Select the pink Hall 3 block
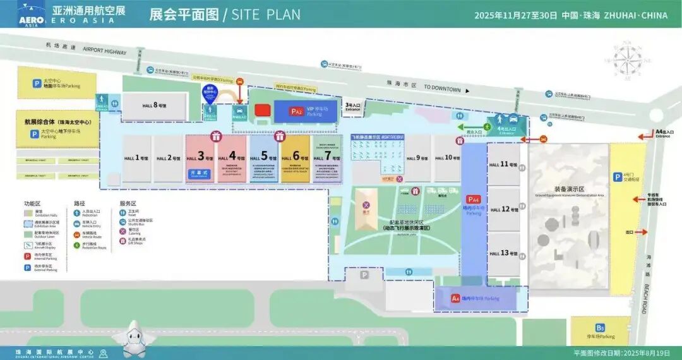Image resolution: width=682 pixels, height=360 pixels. (200, 158)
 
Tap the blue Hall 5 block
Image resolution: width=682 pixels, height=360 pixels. (265, 158)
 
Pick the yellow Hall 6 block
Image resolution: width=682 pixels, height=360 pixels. (296, 158)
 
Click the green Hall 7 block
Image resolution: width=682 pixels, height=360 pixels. (327, 158)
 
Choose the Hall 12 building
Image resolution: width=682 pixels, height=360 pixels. (503, 209)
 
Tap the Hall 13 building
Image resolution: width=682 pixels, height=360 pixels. (503, 253)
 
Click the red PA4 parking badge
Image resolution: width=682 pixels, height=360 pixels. (474, 200)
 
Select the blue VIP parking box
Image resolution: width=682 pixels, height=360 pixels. (306, 111)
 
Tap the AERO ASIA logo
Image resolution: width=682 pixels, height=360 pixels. (31, 14)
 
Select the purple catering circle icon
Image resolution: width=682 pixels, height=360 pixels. (366, 205)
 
